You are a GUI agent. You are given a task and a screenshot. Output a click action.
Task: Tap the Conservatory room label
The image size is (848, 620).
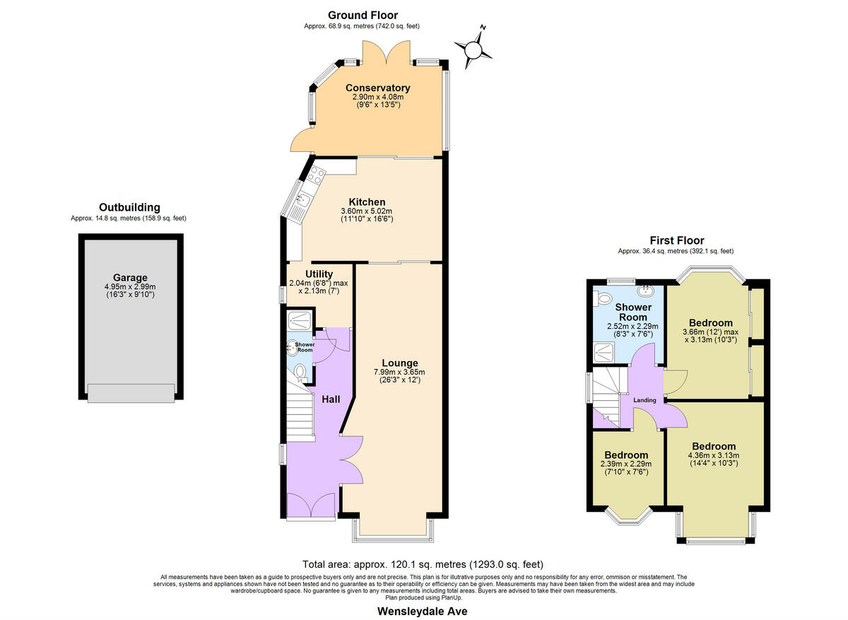tap(377, 88)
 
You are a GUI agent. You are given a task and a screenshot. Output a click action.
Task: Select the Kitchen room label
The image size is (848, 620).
tap(366, 202)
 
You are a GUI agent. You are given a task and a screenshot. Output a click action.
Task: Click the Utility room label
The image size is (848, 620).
tap(319, 274)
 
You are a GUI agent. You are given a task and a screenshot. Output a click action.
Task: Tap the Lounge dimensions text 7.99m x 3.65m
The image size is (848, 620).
tap(399, 372)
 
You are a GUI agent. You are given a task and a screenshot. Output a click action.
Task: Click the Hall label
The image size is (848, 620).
tap(331, 399)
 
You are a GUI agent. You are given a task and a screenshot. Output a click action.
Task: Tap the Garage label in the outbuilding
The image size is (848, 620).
tap(130, 277)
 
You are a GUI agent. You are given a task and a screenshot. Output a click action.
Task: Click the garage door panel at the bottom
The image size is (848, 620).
tap(130, 392)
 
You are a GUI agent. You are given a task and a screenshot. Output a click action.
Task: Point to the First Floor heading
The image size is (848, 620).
tap(677, 240)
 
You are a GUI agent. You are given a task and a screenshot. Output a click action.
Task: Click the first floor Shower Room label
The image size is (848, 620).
tap(632, 312)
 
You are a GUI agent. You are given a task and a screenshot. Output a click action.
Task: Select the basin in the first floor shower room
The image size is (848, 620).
tap(646, 290)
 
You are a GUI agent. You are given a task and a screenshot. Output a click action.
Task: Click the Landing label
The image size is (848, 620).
tap(644, 400)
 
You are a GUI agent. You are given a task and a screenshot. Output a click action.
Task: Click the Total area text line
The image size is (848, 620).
tap(423, 564)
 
